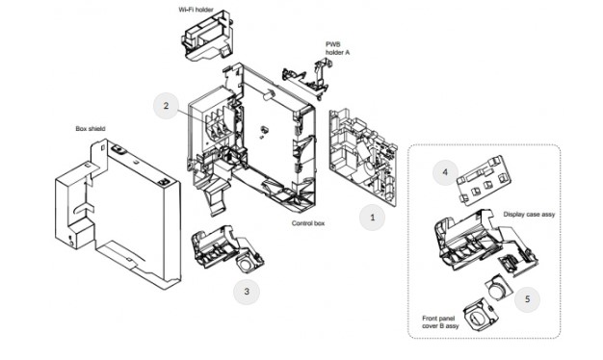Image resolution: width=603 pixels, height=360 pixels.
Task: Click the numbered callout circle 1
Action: tap(372, 218)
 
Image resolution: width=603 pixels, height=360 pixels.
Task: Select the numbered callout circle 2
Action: tap(166, 106)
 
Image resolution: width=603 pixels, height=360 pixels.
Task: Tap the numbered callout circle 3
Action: tap(247, 292)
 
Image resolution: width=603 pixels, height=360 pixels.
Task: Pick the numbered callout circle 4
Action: tap(445, 172)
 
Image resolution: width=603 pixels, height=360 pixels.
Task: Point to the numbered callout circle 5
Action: tap(527, 299)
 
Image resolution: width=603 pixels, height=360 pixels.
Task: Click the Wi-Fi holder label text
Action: tap(196, 10)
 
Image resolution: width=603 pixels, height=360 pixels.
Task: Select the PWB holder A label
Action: tap(338, 48)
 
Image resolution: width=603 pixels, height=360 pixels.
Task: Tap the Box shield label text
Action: tap(91, 129)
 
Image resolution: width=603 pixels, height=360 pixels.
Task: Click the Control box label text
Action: tap(308, 223)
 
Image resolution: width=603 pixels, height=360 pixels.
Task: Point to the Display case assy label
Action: tap(529, 215)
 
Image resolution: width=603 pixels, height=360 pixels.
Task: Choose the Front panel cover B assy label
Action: tap(440, 321)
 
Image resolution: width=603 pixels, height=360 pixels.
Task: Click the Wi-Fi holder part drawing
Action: tap(207, 36)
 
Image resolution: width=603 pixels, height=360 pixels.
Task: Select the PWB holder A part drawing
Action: tap(306, 78)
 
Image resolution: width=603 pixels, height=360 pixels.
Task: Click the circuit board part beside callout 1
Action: tap(362, 157)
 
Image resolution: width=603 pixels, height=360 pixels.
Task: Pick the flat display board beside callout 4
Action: tap(484, 179)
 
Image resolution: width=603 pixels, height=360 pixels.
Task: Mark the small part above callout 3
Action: tap(227, 249)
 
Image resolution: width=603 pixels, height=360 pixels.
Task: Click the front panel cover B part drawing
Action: tap(481, 314)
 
